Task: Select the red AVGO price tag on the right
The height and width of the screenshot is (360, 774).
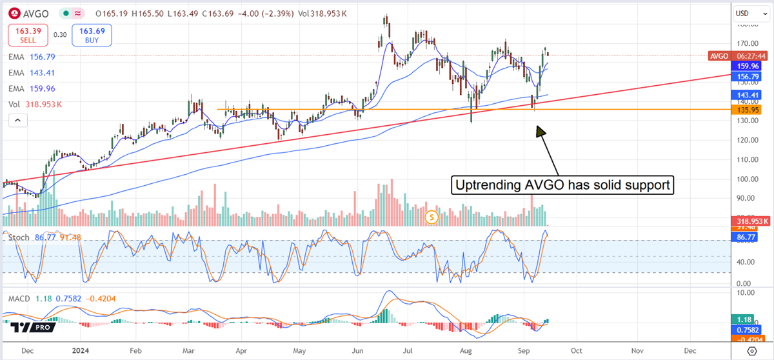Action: coord(719,56)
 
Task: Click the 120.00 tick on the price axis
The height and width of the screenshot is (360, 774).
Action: coord(748,140)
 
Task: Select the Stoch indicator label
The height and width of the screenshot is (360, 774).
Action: coord(18,237)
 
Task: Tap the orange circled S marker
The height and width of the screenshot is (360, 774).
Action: coord(432,217)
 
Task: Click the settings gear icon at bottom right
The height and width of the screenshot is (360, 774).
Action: coord(750,350)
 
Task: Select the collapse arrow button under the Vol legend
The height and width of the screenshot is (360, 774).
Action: coord(17,119)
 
